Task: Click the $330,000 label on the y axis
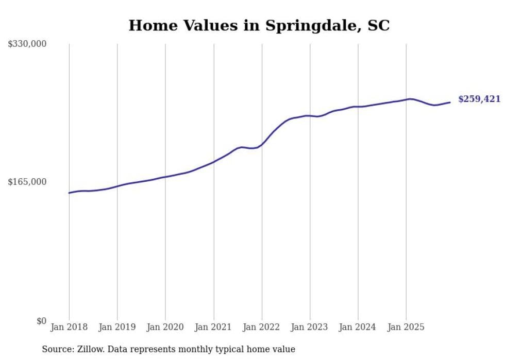[x=27, y=44]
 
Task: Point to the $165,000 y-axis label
[x=27, y=182]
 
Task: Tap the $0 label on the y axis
[x=41, y=321]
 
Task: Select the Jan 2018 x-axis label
[x=69, y=327]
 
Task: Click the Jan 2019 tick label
[x=117, y=327]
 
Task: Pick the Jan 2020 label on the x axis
[x=165, y=327]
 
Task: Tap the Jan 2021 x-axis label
[x=213, y=327]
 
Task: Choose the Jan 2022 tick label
[x=262, y=327]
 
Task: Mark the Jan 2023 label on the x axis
[x=310, y=327]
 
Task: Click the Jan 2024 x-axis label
[x=358, y=327]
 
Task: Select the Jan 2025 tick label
[x=406, y=327]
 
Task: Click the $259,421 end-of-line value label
[x=479, y=99]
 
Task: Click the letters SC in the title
[x=379, y=25]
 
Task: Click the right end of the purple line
[x=450, y=102]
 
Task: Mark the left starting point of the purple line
[x=69, y=193]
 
